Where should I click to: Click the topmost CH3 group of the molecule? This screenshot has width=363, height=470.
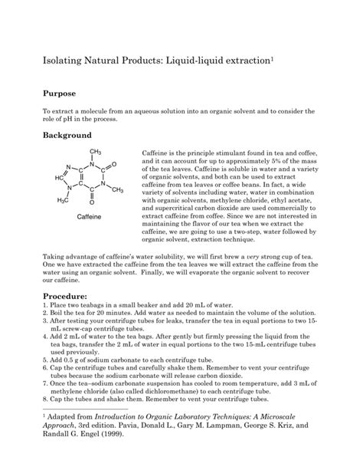(x=96, y=152)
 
